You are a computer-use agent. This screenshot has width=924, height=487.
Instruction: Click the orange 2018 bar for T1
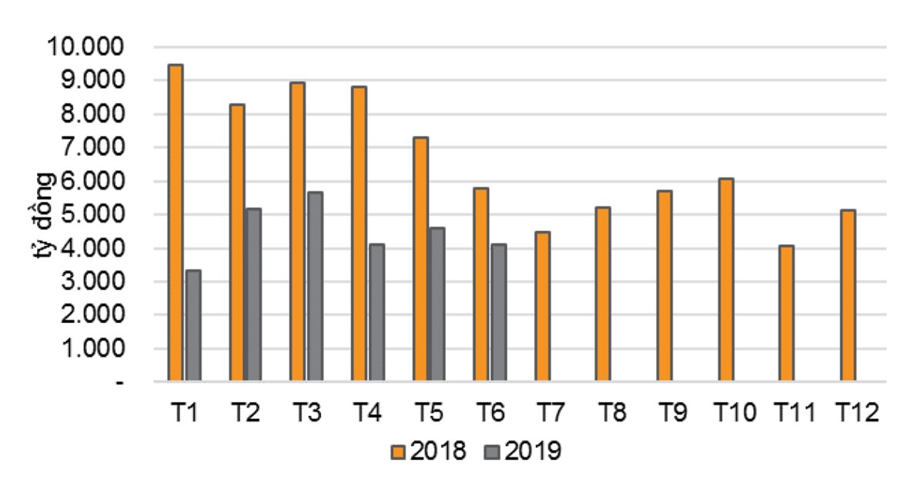176,223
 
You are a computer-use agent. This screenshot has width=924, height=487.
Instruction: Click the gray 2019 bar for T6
498,313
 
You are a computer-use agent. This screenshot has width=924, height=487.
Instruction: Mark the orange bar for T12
848,296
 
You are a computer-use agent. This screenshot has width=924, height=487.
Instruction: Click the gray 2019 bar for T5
437,304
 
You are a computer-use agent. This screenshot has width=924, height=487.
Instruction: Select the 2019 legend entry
523,451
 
